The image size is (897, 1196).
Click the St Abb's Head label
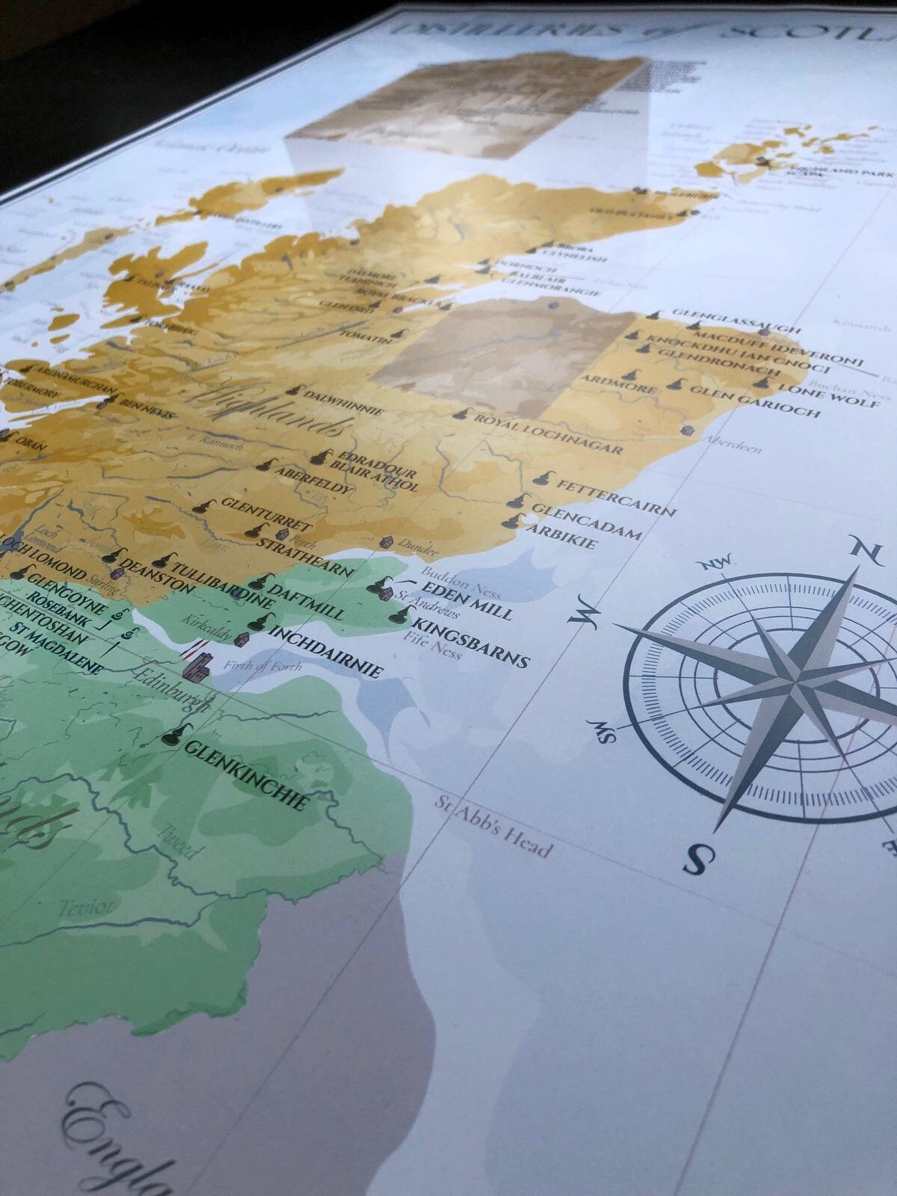point(494,829)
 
